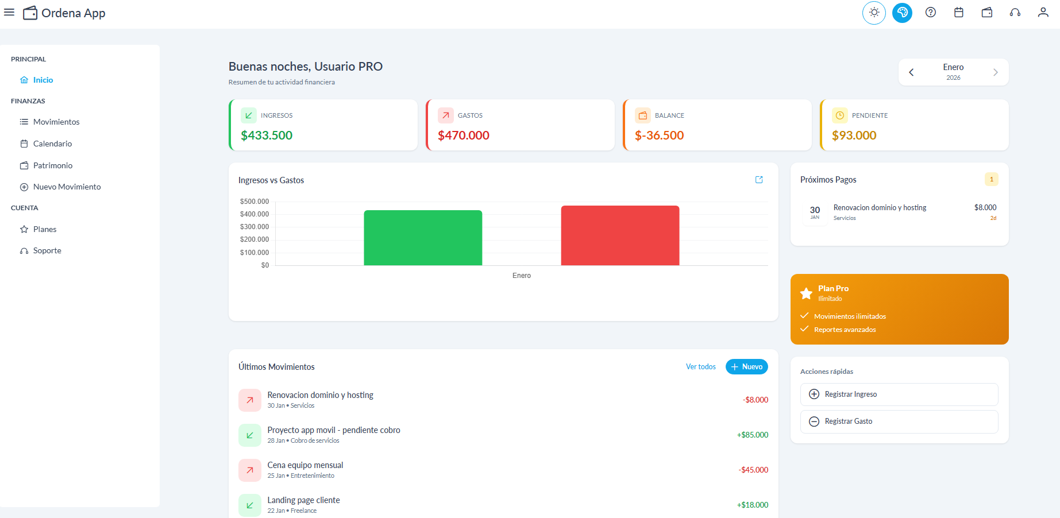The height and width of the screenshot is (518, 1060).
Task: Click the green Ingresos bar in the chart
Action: click(423, 238)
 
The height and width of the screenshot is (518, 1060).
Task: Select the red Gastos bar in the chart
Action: click(620, 235)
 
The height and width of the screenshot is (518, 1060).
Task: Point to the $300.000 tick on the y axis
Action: click(255, 227)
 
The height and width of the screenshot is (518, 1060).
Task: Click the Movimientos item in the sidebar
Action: click(56, 122)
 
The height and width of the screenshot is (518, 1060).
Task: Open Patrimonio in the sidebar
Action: click(52, 165)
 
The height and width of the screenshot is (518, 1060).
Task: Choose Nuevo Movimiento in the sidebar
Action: click(67, 187)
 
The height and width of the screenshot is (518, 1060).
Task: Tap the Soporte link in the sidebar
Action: click(47, 250)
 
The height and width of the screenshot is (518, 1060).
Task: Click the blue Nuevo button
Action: click(746, 366)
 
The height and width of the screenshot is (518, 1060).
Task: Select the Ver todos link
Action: click(700, 366)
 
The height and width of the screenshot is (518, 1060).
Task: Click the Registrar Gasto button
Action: click(899, 422)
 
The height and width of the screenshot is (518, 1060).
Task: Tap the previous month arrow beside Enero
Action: click(911, 72)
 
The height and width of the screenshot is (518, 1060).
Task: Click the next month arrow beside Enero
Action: click(995, 72)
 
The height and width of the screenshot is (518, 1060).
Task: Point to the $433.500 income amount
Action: click(267, 136)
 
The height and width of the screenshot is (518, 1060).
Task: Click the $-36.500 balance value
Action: click(659, 136)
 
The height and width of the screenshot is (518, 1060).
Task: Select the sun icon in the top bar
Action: click(874, 13)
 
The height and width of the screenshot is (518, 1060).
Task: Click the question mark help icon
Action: click(930, 13)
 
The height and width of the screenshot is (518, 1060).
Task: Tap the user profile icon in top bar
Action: click(1043, 13)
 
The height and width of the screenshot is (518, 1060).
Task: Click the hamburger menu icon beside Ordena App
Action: click(9, 12)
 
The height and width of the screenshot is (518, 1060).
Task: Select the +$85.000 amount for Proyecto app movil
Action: click(752, 435)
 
